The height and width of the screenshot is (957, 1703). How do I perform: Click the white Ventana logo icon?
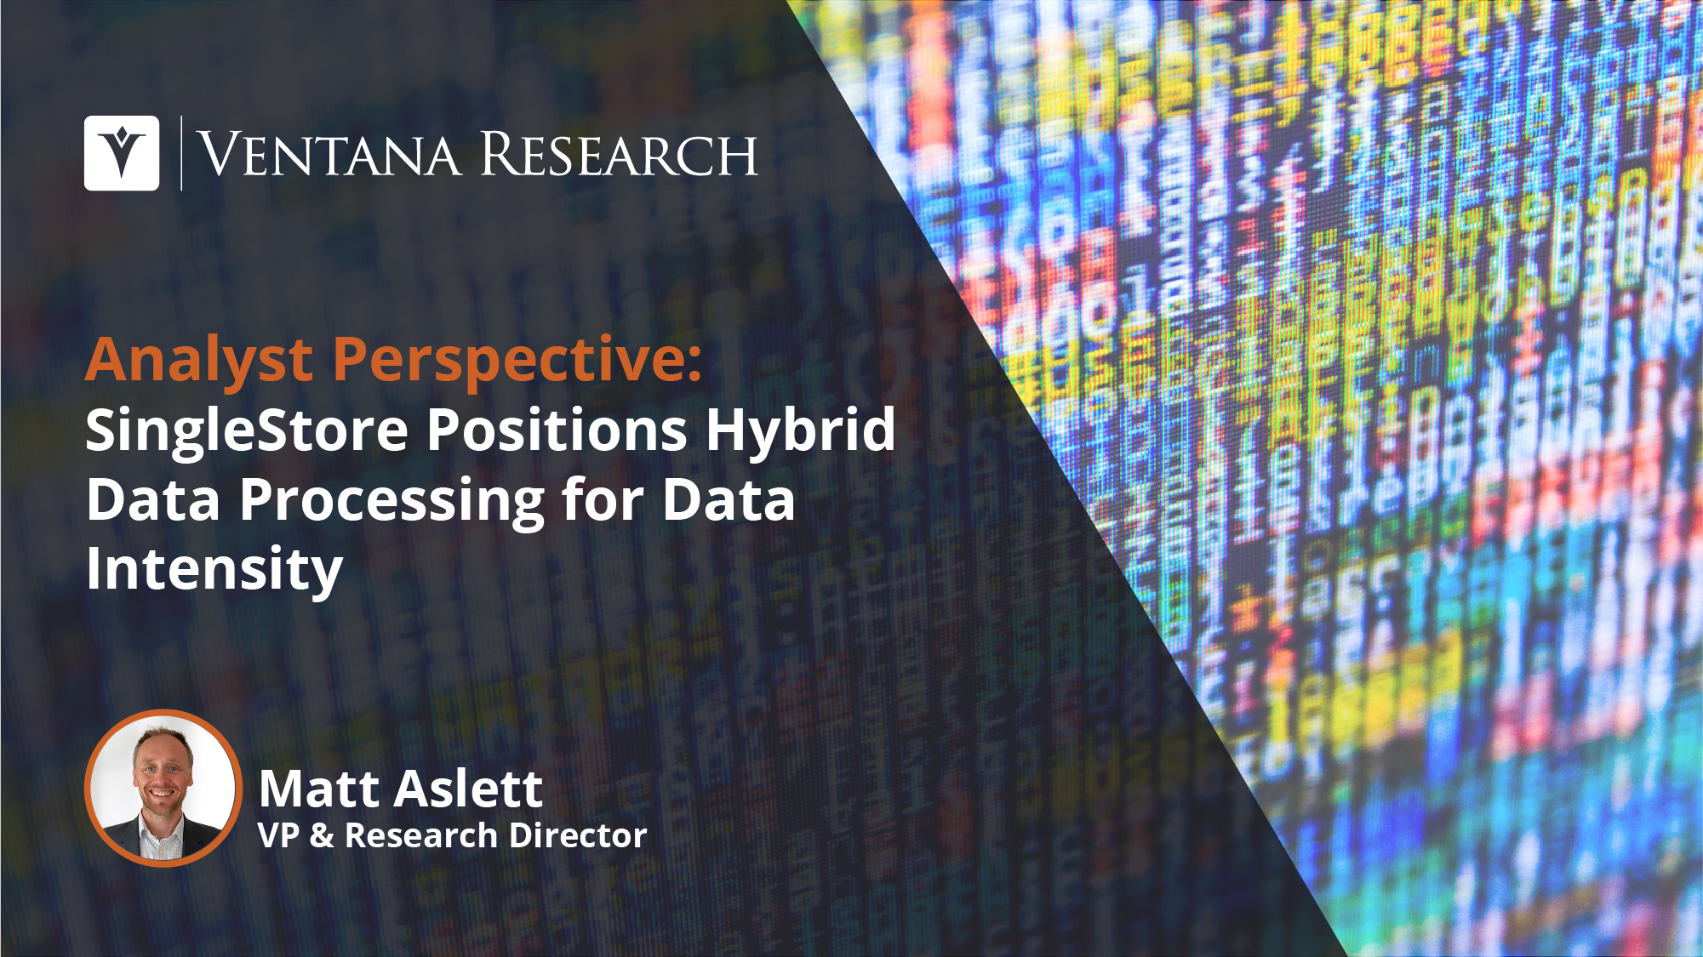[x=122, y=153]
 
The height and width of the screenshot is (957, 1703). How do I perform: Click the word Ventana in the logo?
[x=329, y=154]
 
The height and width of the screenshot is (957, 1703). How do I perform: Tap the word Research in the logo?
[x=619, y=154]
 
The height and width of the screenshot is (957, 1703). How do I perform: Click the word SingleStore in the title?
[x=248, y=431]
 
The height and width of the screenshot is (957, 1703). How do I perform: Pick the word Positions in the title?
[x=557, y=430]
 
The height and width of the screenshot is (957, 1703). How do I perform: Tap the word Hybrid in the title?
[x=800, y=431]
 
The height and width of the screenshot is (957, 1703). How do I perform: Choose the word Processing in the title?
[x=392, y=501]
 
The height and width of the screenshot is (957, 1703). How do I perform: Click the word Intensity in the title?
[x=214, y=571]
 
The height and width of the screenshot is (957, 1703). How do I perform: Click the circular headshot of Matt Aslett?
[x=163, y=788]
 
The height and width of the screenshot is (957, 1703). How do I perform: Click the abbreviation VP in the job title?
[x=278, y=835]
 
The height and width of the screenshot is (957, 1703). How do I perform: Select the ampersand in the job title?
[x=322, y=835]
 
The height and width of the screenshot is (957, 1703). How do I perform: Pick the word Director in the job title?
[x=585, y=835]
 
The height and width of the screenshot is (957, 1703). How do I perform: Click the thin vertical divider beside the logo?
[x=181, y=153]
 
